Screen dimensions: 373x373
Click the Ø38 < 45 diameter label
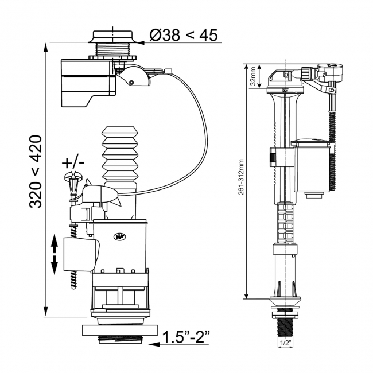[184, 35]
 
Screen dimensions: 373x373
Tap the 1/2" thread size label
[285, 343]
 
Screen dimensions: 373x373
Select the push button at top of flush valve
[114, 36]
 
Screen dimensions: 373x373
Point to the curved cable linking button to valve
[198, 132]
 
